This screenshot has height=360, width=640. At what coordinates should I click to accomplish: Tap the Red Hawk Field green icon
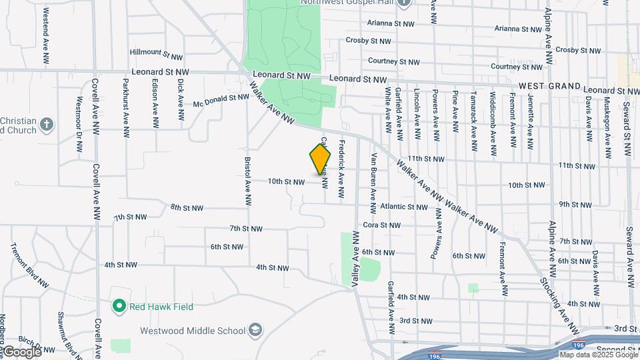119,307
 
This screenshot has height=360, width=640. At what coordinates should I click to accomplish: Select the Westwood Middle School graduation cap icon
255,330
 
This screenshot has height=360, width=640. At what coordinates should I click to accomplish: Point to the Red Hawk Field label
162,307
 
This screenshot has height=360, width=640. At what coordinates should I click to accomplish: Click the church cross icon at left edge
46,124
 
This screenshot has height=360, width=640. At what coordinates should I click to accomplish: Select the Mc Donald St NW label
221,101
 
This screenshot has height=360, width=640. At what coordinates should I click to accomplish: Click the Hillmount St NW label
156,51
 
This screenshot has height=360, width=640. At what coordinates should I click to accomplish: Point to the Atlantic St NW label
404,207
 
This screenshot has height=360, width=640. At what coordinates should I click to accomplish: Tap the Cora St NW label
380,225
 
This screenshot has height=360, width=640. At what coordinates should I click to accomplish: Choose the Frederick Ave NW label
341,169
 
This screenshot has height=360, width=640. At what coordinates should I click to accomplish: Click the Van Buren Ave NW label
374,177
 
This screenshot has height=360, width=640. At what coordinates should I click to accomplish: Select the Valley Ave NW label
356,259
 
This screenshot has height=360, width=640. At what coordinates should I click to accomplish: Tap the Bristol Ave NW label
247,181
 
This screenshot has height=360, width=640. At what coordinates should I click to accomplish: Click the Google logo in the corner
21,351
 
